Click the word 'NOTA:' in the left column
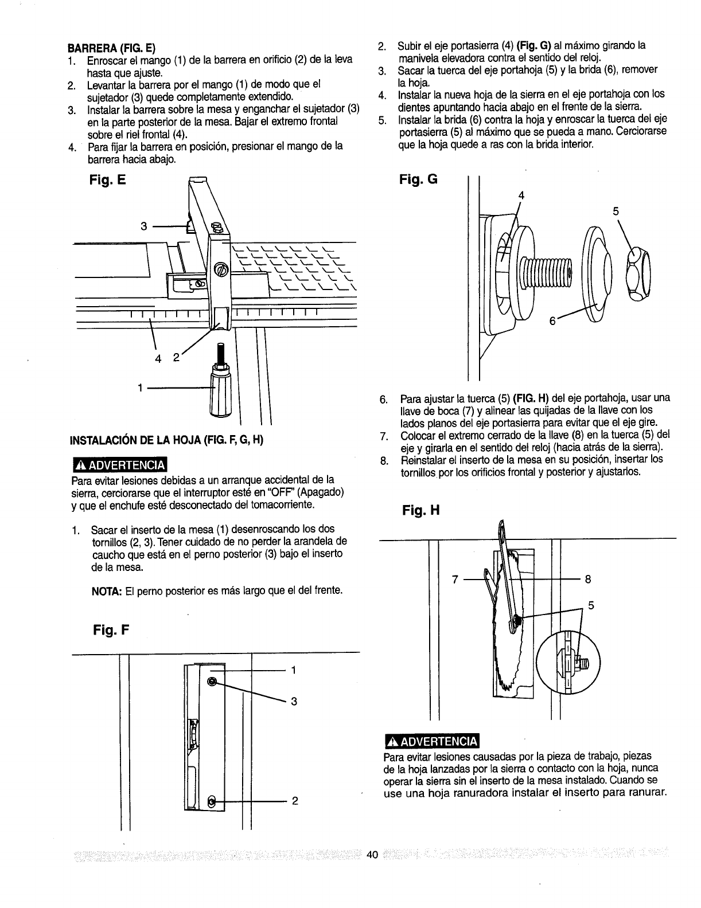pyautogui.click(x=105, y=590)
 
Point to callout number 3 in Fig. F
pyautogui.click(x=293, y=701)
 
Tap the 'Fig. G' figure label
pyautogui.click(x=418, y=179)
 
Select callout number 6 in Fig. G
pyautogui.click(x=553, y=322)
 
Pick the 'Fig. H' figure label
pyautogui.click(x=419, y=510)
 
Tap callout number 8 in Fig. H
pyautogui.click(x=588, y=580)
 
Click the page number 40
pyautogui.click(x=372, y=855)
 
